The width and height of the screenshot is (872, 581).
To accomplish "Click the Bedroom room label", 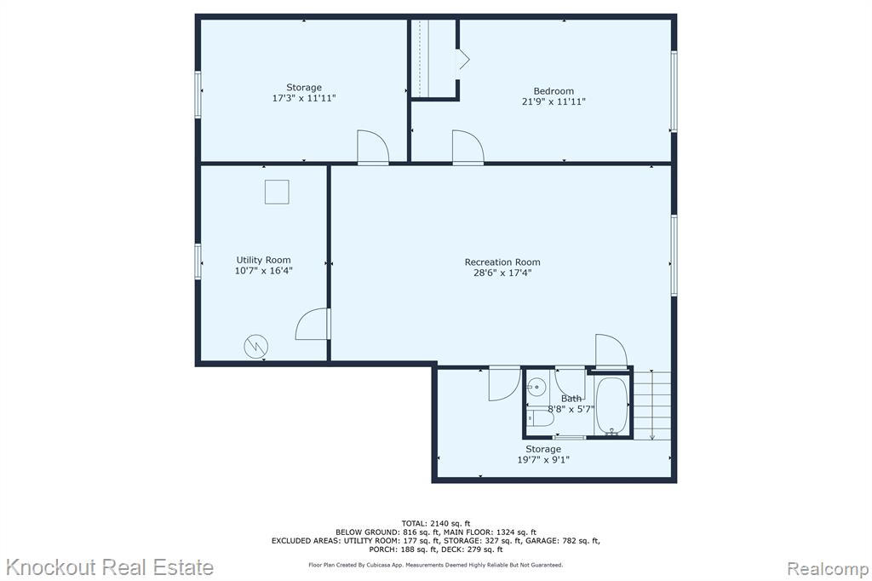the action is point(554,91).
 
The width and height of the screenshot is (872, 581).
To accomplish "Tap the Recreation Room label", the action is point(502,262).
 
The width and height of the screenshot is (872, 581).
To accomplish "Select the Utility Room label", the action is point(263,260).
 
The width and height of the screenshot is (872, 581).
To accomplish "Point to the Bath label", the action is point(571,399).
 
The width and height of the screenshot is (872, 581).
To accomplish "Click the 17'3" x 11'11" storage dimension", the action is point(304,99).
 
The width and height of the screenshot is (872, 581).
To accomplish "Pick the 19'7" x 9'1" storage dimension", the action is point(543,460).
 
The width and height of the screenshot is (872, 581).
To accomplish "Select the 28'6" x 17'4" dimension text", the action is point(502,273).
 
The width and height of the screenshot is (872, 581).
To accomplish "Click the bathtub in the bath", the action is point(611,406).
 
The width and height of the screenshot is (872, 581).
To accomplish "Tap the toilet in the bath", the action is point(540,418).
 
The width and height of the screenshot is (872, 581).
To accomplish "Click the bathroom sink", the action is point(536,384).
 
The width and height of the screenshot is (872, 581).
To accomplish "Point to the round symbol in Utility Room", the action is point(255,347).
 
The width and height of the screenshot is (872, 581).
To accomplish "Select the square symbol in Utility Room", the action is point(277,192).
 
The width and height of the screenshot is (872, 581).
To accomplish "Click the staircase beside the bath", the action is point(651,406).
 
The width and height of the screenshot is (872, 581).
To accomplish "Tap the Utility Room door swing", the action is point(313,324).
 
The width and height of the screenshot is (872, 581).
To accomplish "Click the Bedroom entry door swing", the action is point(468,147).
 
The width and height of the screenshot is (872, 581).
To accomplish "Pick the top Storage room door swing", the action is point(373,147).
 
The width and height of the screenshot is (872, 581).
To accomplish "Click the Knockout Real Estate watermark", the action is point(110,567).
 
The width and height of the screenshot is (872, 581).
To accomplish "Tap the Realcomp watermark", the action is point(828,569).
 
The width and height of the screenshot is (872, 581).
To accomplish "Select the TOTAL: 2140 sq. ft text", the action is point(436,523).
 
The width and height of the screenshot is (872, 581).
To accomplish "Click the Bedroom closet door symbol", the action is point(462,60).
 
